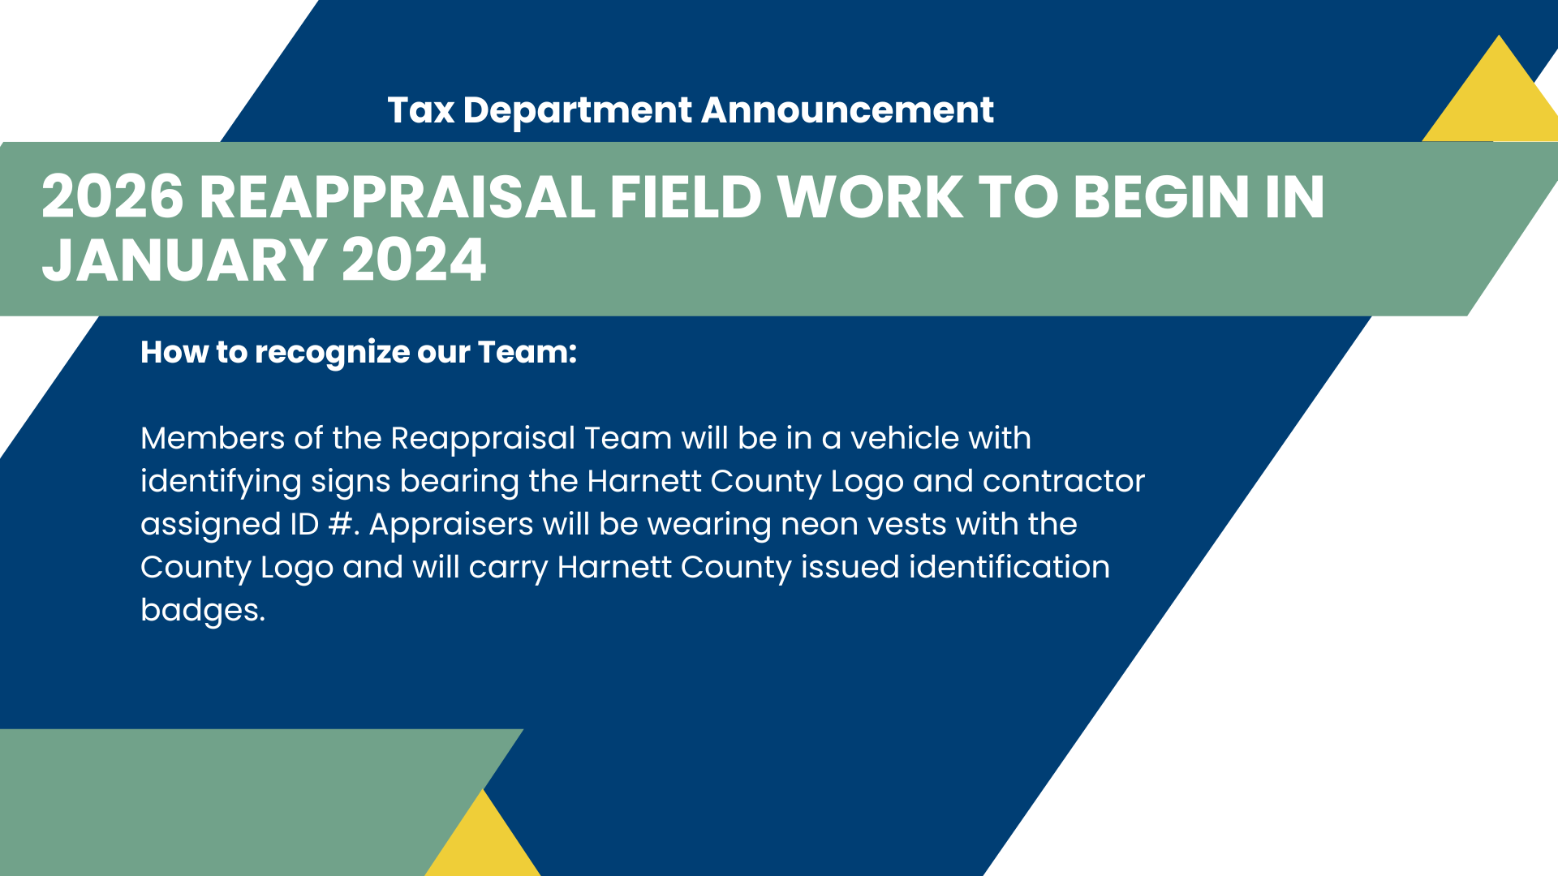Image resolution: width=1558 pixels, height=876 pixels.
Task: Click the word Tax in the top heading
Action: (420, 110)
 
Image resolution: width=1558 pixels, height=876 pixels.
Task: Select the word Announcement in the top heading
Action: (847, 110)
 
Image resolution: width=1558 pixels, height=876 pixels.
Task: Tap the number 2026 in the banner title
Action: (113, 197)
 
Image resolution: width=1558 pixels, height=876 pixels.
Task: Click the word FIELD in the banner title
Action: (686, 197)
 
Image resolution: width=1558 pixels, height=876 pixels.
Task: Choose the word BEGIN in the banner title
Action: (1161, 197)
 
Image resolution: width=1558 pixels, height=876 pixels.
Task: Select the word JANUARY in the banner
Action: (185, 260)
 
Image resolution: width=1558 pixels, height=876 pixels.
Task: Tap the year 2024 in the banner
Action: (414, 260)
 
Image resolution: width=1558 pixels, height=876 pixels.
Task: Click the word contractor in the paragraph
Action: (1064, 481)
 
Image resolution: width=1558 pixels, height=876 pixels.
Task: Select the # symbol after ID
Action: (340, 524)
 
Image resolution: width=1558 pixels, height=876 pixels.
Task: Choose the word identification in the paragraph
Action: (1009, 567)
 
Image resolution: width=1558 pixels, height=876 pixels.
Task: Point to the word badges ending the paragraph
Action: (203, 611)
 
